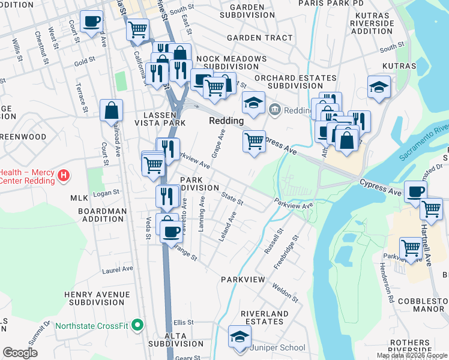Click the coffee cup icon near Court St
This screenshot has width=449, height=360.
pyautogui.click(x=91, y=22)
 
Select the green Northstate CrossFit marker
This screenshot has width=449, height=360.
pyautogui.click(x=137, y=326)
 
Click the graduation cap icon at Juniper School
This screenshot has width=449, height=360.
pyautogui.click(x=240, y=337)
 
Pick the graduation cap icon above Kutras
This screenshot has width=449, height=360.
pyautogui.click(x=379, y=87)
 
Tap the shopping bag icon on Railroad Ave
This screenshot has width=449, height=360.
pyautogui.click(x=112, y=110)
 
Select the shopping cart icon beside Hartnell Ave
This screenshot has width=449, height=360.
pyautogui.click(x=431, y=209)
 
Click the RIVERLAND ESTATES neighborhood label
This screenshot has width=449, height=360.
pyautogui.click(x=265, y=318)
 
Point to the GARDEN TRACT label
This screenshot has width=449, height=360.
pyautogui.click(x=259, y=38)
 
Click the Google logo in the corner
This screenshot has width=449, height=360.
pyautogui.click(x=20, y=353)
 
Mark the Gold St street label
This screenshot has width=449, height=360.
pyautogui.click(x=85, y=61)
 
